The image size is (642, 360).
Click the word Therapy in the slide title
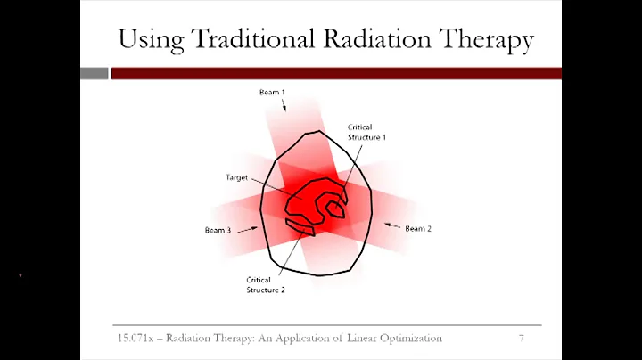pyautogui.click(x=481, y=39)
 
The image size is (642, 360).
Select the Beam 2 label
pyautogui.click(x=418, y=229)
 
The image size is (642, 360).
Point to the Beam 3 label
pyautogui.click(x=218, y=231)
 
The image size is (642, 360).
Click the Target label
pyautogui.click(x=236, y=177)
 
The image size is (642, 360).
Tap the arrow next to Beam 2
pyautogui.click(x=391, y=225)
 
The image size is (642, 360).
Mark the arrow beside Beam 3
pyautogui.click(x=245, y=228)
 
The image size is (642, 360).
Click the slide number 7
pyautogui.click(x=520, y=339)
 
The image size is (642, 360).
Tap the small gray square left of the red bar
pyautogui.click(x=94, y=73)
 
